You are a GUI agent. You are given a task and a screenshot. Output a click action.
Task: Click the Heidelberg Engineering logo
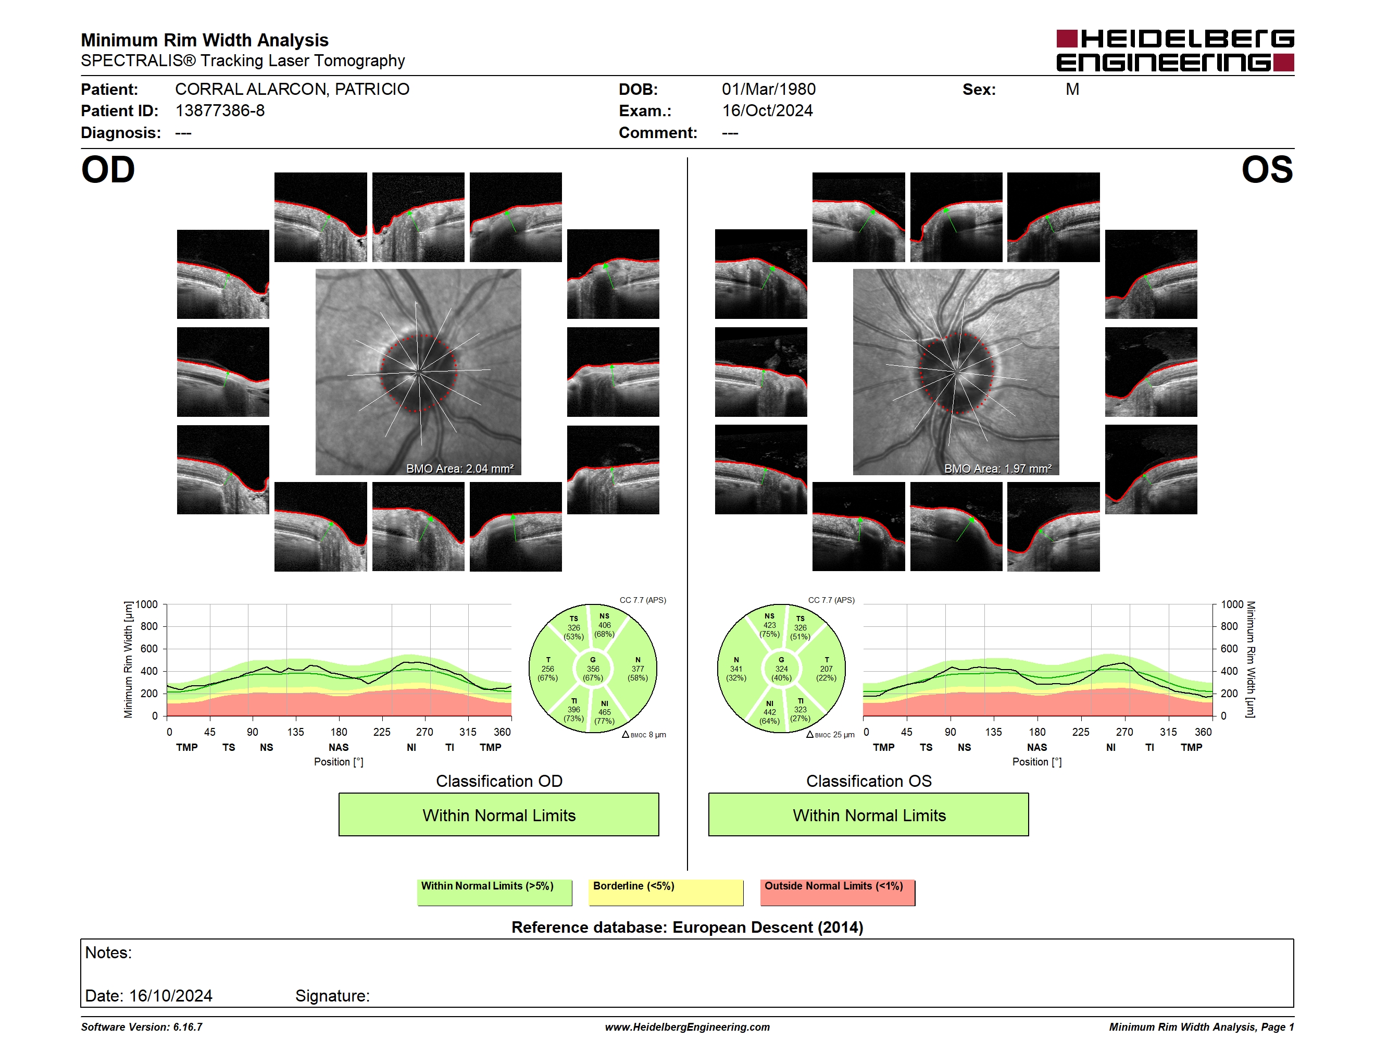[x=1175, y=51]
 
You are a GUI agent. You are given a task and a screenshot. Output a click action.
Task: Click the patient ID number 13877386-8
[x=220, y=111]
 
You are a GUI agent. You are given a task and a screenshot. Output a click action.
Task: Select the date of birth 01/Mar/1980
[x=768, y=90]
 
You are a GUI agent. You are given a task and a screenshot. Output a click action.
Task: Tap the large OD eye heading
[x=108, y=170]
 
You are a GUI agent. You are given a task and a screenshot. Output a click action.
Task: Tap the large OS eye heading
[x=1267, y=170]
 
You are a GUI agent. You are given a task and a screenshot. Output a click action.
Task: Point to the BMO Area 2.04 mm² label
[x=459, y=468]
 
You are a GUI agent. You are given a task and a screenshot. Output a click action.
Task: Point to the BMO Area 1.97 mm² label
[x=998, y=468]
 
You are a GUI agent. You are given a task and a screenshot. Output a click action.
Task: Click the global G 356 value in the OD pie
[x=592, y=669]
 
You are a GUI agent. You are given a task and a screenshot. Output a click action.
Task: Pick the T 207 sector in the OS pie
[x=826, y=669]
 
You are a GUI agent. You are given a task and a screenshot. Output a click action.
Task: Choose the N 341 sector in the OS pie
[x=736, y=669]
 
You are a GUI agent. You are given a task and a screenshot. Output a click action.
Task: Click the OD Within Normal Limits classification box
[x=498, y=815]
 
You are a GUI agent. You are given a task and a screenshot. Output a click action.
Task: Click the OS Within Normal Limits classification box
[x=869, y=815]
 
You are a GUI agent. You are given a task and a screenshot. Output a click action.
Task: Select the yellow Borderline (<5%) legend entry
[x=666, y=892]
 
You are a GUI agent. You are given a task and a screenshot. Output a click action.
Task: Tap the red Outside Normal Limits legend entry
[x=838, y=892]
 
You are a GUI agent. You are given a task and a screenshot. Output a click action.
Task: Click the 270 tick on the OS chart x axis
[x=1124, y=732]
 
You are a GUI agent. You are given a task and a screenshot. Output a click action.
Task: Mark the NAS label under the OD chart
[x=339, y=747]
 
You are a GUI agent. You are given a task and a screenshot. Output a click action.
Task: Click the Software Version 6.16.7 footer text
[x=142, y=1027]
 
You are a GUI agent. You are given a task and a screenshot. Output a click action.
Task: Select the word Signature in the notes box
[x=332, y=996]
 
